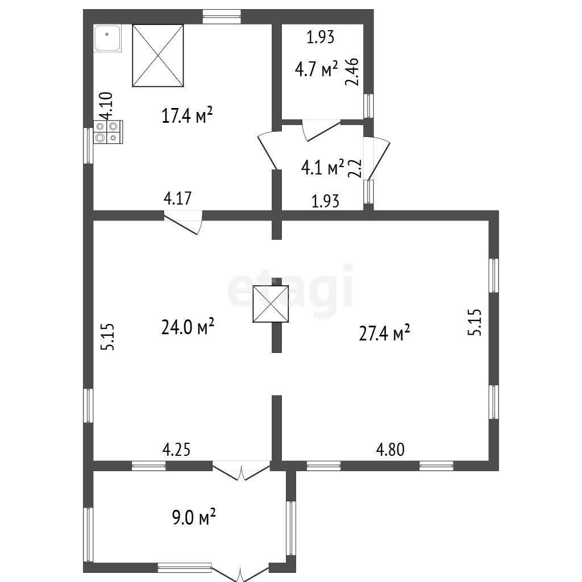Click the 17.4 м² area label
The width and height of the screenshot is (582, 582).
[x=187, y=115]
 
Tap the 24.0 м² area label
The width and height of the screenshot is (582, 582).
[x=188, y=326]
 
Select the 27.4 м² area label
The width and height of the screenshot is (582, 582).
[x=384, y=332]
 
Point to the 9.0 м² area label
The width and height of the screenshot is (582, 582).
[x=194, y=517]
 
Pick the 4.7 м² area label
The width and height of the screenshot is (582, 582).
[x=316, y=68]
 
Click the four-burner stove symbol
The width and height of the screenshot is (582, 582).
[x=107, y=132]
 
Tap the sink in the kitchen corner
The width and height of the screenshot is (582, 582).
[x=107, y=38]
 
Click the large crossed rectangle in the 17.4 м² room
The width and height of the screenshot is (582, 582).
[x=158, y=56]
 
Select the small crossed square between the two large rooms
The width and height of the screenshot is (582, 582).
[x=271, y=304]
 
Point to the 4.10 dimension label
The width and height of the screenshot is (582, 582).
[x=106, y=106]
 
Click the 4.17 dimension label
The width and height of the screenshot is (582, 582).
[x=177, y=198]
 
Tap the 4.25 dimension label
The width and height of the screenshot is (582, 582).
[x=176, y=449]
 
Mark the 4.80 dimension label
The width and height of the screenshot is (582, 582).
[x=390, y=450]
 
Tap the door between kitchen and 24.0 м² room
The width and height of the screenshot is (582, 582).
[x=183, y=222]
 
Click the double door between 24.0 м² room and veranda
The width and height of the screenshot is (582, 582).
[x=241, y=471]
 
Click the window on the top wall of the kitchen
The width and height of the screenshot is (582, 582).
[x=222, y=16]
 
